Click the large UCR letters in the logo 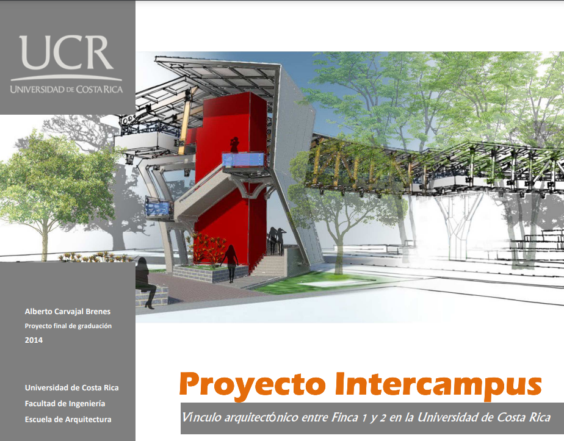pyautogui.click(x=66, y=52)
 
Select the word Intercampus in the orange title pyautogui.click(x=438, y=385)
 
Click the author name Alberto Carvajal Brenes pyautogui.click(x=68, y=312)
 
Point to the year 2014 pyautogui.click(x=34, y=340)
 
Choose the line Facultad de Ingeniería pyautogui.click(x=65, y=404)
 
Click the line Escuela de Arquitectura pyautogui.click(x=68, y=420)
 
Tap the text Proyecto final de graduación pyautogui.click(x=68, y=326)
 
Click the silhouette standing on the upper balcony pyautogui.click(x=235, y=145)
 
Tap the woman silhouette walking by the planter pyautogui.click(x=230, y=263)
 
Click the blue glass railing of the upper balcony pyautogui.click(x=244, y=160)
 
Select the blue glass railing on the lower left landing pyautogui.click(x=159, y=209)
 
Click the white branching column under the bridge pyautogui.click(x=458, y=226)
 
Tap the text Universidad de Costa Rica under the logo pyautogui.click(x=67, y=89)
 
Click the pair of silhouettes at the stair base pyautogui.click(x=277, y=240)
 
